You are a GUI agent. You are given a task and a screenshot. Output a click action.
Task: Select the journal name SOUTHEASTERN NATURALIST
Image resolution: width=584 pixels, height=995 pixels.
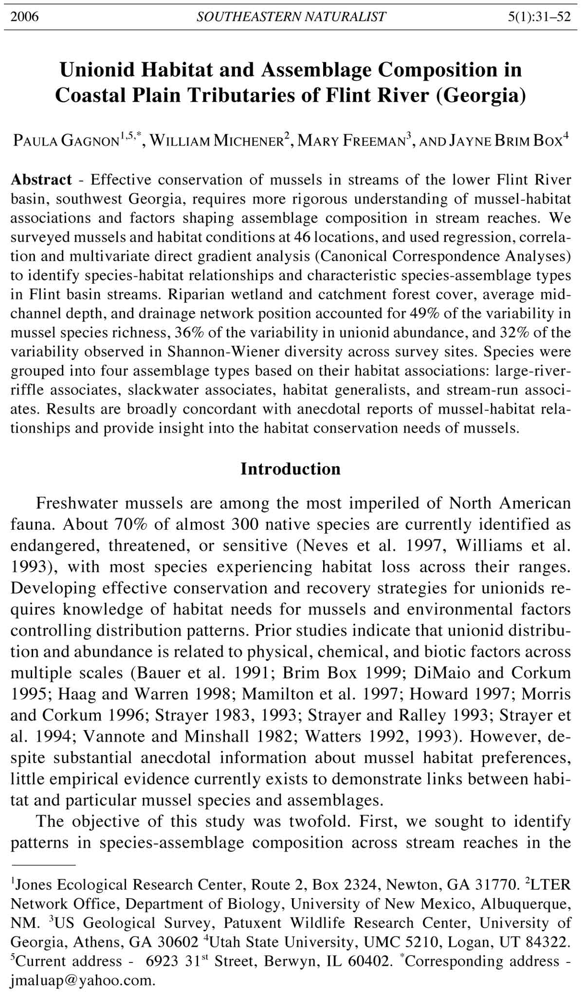291,17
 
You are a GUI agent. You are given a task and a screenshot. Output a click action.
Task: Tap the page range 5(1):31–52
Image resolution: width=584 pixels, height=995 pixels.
539,17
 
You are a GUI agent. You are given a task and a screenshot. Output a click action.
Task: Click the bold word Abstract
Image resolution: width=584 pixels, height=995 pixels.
41,180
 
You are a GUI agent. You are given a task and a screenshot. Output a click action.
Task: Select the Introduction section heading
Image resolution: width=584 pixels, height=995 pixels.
291,469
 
